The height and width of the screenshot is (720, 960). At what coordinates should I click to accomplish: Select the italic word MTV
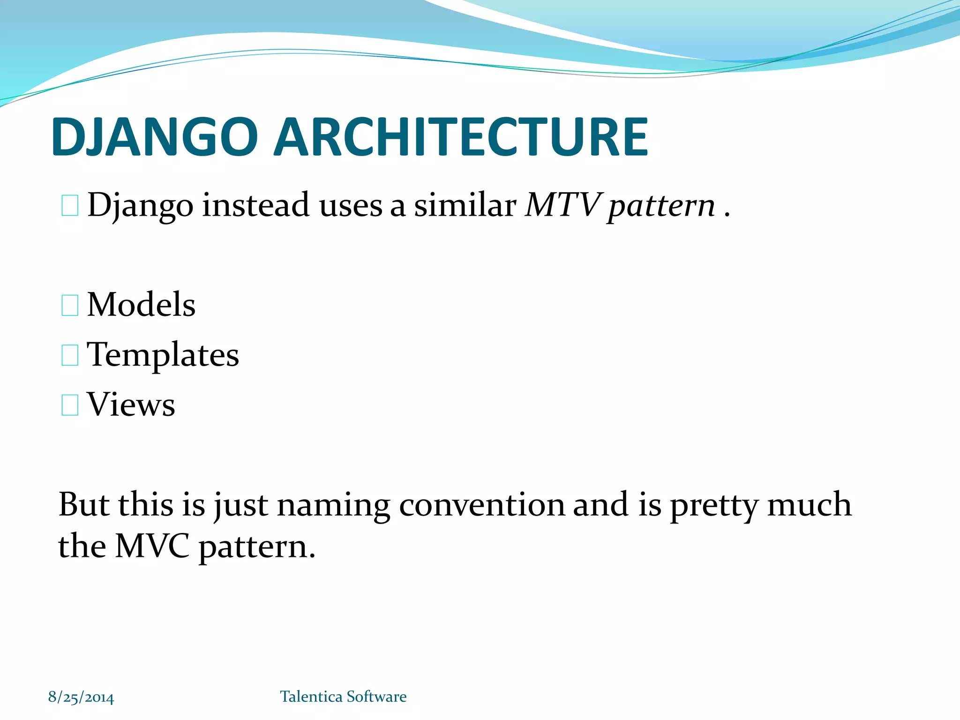pos(562,205)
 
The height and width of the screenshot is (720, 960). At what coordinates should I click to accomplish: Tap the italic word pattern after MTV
pos(661,206)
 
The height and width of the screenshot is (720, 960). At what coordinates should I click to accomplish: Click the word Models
pos(141,305)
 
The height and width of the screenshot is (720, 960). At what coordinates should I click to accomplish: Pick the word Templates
pos(163,355)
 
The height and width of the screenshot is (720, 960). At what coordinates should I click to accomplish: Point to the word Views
pos(131,405)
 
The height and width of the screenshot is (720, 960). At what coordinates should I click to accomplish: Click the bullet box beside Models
pos(70,306)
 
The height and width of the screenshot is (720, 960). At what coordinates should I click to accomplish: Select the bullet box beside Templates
pos(70,355)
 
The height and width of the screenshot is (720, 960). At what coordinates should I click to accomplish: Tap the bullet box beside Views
pos(70,405)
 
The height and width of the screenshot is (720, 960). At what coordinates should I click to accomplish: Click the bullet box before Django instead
pos(70,206)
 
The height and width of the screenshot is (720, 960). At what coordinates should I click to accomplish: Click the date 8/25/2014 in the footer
pos(81,697)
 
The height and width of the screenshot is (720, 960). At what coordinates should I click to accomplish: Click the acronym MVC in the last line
pos(152,547)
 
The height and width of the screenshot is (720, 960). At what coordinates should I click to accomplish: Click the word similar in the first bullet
pos(465,205)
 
